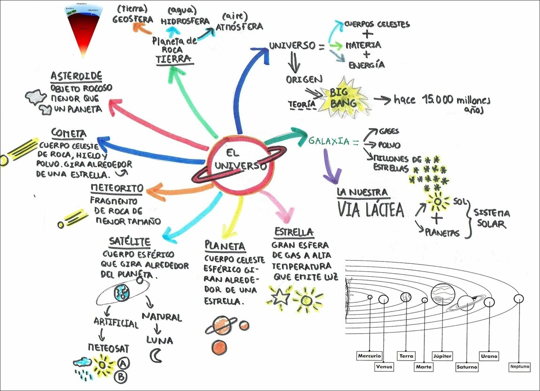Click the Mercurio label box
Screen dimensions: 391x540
click(370, 356)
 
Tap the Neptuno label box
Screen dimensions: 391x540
click(520, 366)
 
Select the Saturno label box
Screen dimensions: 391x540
click(467, 367)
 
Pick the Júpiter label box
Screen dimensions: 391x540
click(442, 356)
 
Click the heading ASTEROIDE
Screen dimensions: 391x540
click(76, 76)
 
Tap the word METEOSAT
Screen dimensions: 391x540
click(108, 348)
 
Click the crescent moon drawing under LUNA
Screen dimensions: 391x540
click(156, 356)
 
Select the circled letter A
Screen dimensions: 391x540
click(124, 363)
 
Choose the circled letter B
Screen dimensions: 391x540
click(121, 376)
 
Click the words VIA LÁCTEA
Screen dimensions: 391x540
click(371, 210)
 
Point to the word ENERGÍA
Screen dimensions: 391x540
click(367, 65)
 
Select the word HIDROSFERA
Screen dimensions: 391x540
click(185, 21)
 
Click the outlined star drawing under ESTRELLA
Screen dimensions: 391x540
click(280, 297)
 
